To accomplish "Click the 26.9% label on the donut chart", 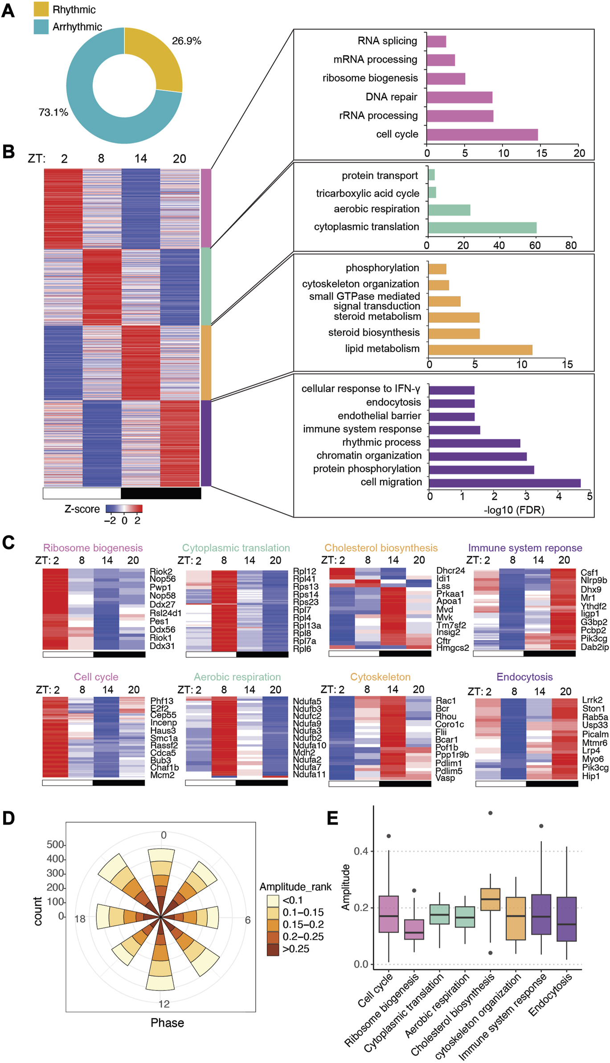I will [x=186, y=41].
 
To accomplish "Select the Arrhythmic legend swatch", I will [x=41, y=27].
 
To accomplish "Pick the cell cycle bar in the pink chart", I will [x=482, y=135].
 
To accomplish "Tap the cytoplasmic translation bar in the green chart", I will [x=482, y=228].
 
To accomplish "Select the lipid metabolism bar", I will [x=480, y=350].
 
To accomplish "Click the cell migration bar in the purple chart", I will [x=504, y=483].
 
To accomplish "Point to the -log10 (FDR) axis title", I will [x=514, y=510].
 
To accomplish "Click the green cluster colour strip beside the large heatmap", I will [x=205, y=286].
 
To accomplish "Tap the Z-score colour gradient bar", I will [x=124, y=509].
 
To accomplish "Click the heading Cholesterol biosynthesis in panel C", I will [x=381, y=548].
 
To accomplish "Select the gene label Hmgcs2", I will [x=452, y=648].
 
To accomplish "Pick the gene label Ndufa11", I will [x=309, y=774].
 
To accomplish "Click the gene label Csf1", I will [x=589, y=572].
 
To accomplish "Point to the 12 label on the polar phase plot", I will [x=164, y=1004].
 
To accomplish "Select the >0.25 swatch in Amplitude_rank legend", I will [x=273, y=949].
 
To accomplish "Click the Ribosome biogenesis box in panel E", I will [x=414, y=929].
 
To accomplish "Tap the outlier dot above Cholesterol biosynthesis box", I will [x=490, y=813].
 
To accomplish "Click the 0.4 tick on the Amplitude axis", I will [x=361, y=851].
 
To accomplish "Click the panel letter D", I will [x=8, y=818].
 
